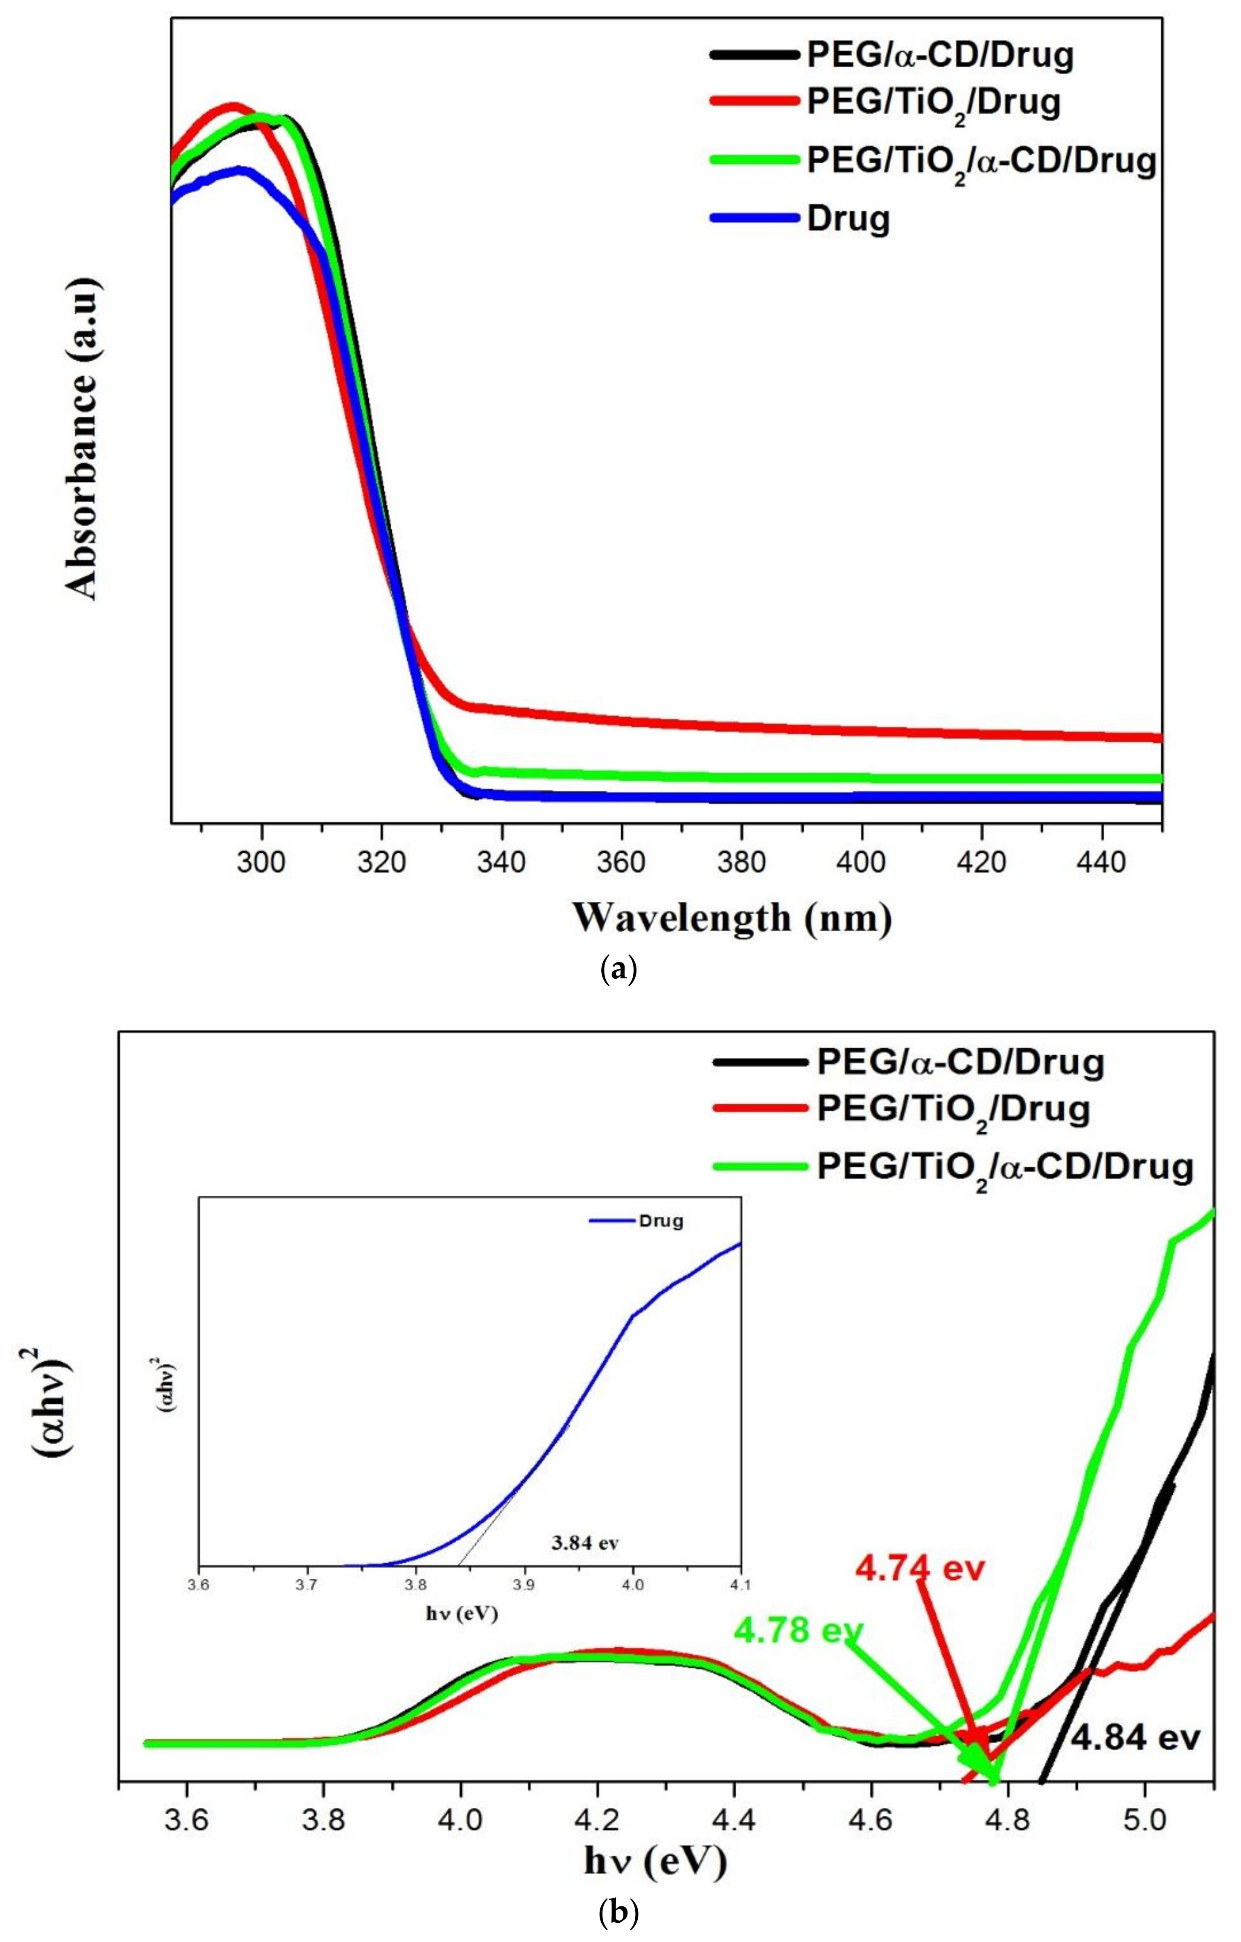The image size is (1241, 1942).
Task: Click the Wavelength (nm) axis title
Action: coord(732,918)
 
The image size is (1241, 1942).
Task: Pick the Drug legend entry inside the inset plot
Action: coord(661,1221)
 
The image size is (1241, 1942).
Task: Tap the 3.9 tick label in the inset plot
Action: coord(524,1585)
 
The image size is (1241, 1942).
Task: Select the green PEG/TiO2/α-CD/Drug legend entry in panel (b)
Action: coord(1004,1167)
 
